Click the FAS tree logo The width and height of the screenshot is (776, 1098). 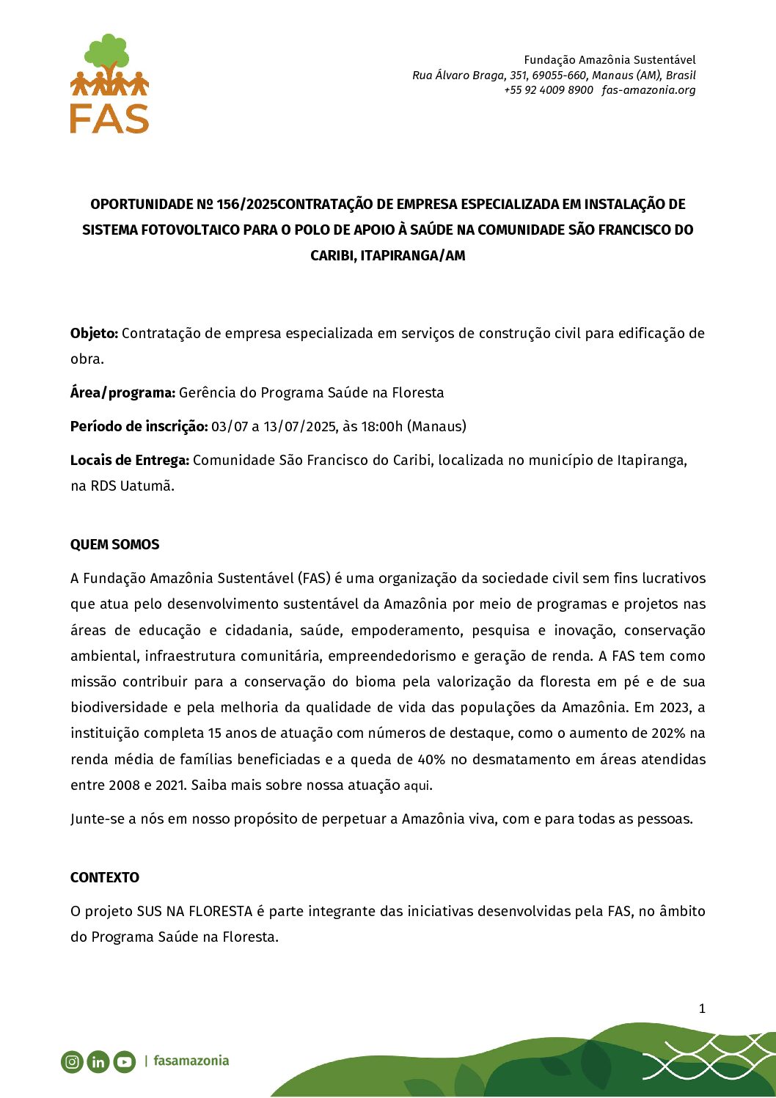click(x=109, y=83)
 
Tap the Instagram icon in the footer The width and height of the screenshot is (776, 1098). click(x=72, y=1061)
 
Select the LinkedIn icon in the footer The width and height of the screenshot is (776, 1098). click(x=98, y=1061)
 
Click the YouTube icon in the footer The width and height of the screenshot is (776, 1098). click(x=125, y=1061)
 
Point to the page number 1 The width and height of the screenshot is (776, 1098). click(x=701, y=1009)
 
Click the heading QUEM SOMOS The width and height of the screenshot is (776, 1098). click(x=114, y=544)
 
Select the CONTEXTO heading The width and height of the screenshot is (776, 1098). click(x=104, y=877)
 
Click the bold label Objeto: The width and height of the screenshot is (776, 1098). click(x=94, y=333)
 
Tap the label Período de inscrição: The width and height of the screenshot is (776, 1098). click(x=139, y=426)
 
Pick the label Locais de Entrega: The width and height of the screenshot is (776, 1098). click(x=129, y=460)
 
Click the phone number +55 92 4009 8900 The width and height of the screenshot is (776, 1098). click(x=548, y=90)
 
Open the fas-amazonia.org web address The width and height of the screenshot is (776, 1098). click(x=648, y=90)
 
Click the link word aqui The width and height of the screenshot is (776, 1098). click(x=417, y=786)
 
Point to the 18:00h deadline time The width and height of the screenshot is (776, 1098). click(x=381, y=426)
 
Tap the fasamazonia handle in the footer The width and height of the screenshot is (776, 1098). click(x=191, y=1061)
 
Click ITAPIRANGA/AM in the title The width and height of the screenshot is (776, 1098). click(x=413, y=255)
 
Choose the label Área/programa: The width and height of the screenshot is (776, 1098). click(x=122, y=392)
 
